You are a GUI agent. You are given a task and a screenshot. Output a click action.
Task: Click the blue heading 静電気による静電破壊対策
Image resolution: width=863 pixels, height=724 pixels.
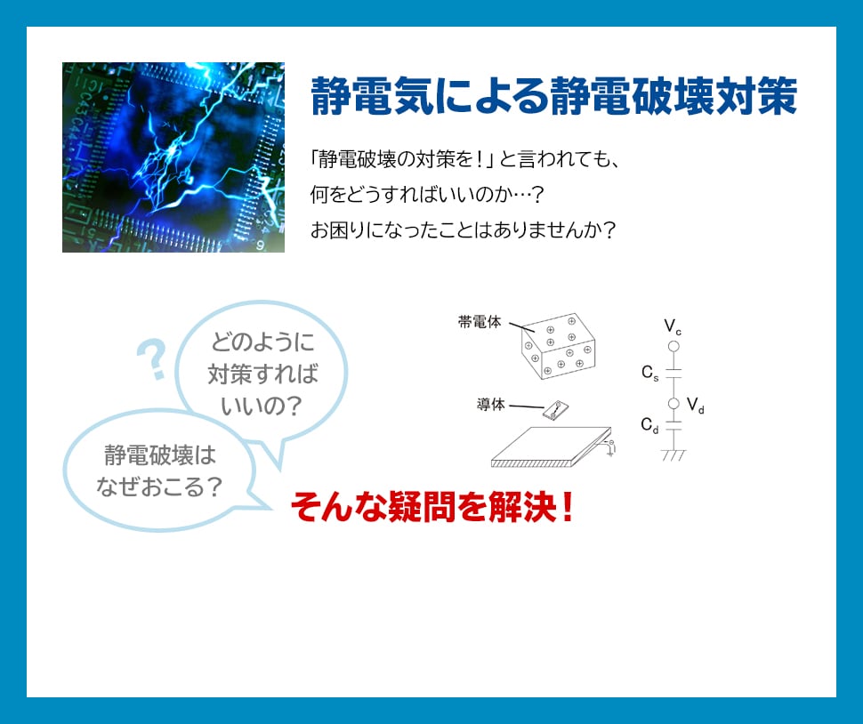point(553,96)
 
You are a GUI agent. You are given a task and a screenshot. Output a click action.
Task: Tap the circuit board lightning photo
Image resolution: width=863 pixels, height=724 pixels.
point(173,157)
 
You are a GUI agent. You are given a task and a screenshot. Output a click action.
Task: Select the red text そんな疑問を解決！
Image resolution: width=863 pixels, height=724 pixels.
point(432,507)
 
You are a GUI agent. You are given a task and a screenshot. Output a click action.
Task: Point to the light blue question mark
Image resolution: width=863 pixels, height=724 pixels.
point(152,360)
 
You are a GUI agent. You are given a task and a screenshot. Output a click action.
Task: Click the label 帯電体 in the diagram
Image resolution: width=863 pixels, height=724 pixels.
point(480,322)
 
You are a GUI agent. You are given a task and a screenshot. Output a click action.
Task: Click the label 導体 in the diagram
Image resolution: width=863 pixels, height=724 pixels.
point(490,405)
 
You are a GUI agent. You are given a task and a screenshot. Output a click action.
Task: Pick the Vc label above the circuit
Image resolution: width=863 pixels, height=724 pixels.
point(673,326)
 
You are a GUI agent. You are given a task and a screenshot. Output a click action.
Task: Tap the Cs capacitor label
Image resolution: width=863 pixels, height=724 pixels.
point(650,373)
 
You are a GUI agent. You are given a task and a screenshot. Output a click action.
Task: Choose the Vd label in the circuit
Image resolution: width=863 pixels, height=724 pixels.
point(696,406)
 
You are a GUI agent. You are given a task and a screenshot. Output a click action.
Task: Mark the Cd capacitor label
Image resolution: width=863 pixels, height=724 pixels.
point(649,425)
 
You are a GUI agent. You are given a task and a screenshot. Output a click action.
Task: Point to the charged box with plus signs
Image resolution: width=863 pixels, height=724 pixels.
point(558,346)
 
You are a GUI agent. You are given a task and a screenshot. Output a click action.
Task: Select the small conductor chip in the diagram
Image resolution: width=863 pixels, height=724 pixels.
point(556,410)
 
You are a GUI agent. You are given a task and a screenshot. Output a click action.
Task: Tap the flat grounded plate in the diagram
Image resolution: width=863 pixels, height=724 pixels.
point(551,446)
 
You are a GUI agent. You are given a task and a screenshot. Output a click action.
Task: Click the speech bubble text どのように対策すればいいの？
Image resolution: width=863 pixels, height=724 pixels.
point(262,374)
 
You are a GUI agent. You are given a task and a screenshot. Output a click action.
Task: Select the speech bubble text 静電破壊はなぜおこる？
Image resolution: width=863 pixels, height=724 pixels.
point(159,471)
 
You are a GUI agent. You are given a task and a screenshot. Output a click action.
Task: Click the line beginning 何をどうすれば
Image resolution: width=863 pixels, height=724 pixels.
point(427,194)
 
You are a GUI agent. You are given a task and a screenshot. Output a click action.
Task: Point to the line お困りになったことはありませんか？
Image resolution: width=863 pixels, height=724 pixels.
point(463,229)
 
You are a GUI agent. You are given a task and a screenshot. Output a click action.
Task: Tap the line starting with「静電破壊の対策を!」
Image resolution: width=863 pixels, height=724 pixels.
point(465,159)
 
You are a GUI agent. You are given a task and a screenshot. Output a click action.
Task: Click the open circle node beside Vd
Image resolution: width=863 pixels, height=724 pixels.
point(673,404)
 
